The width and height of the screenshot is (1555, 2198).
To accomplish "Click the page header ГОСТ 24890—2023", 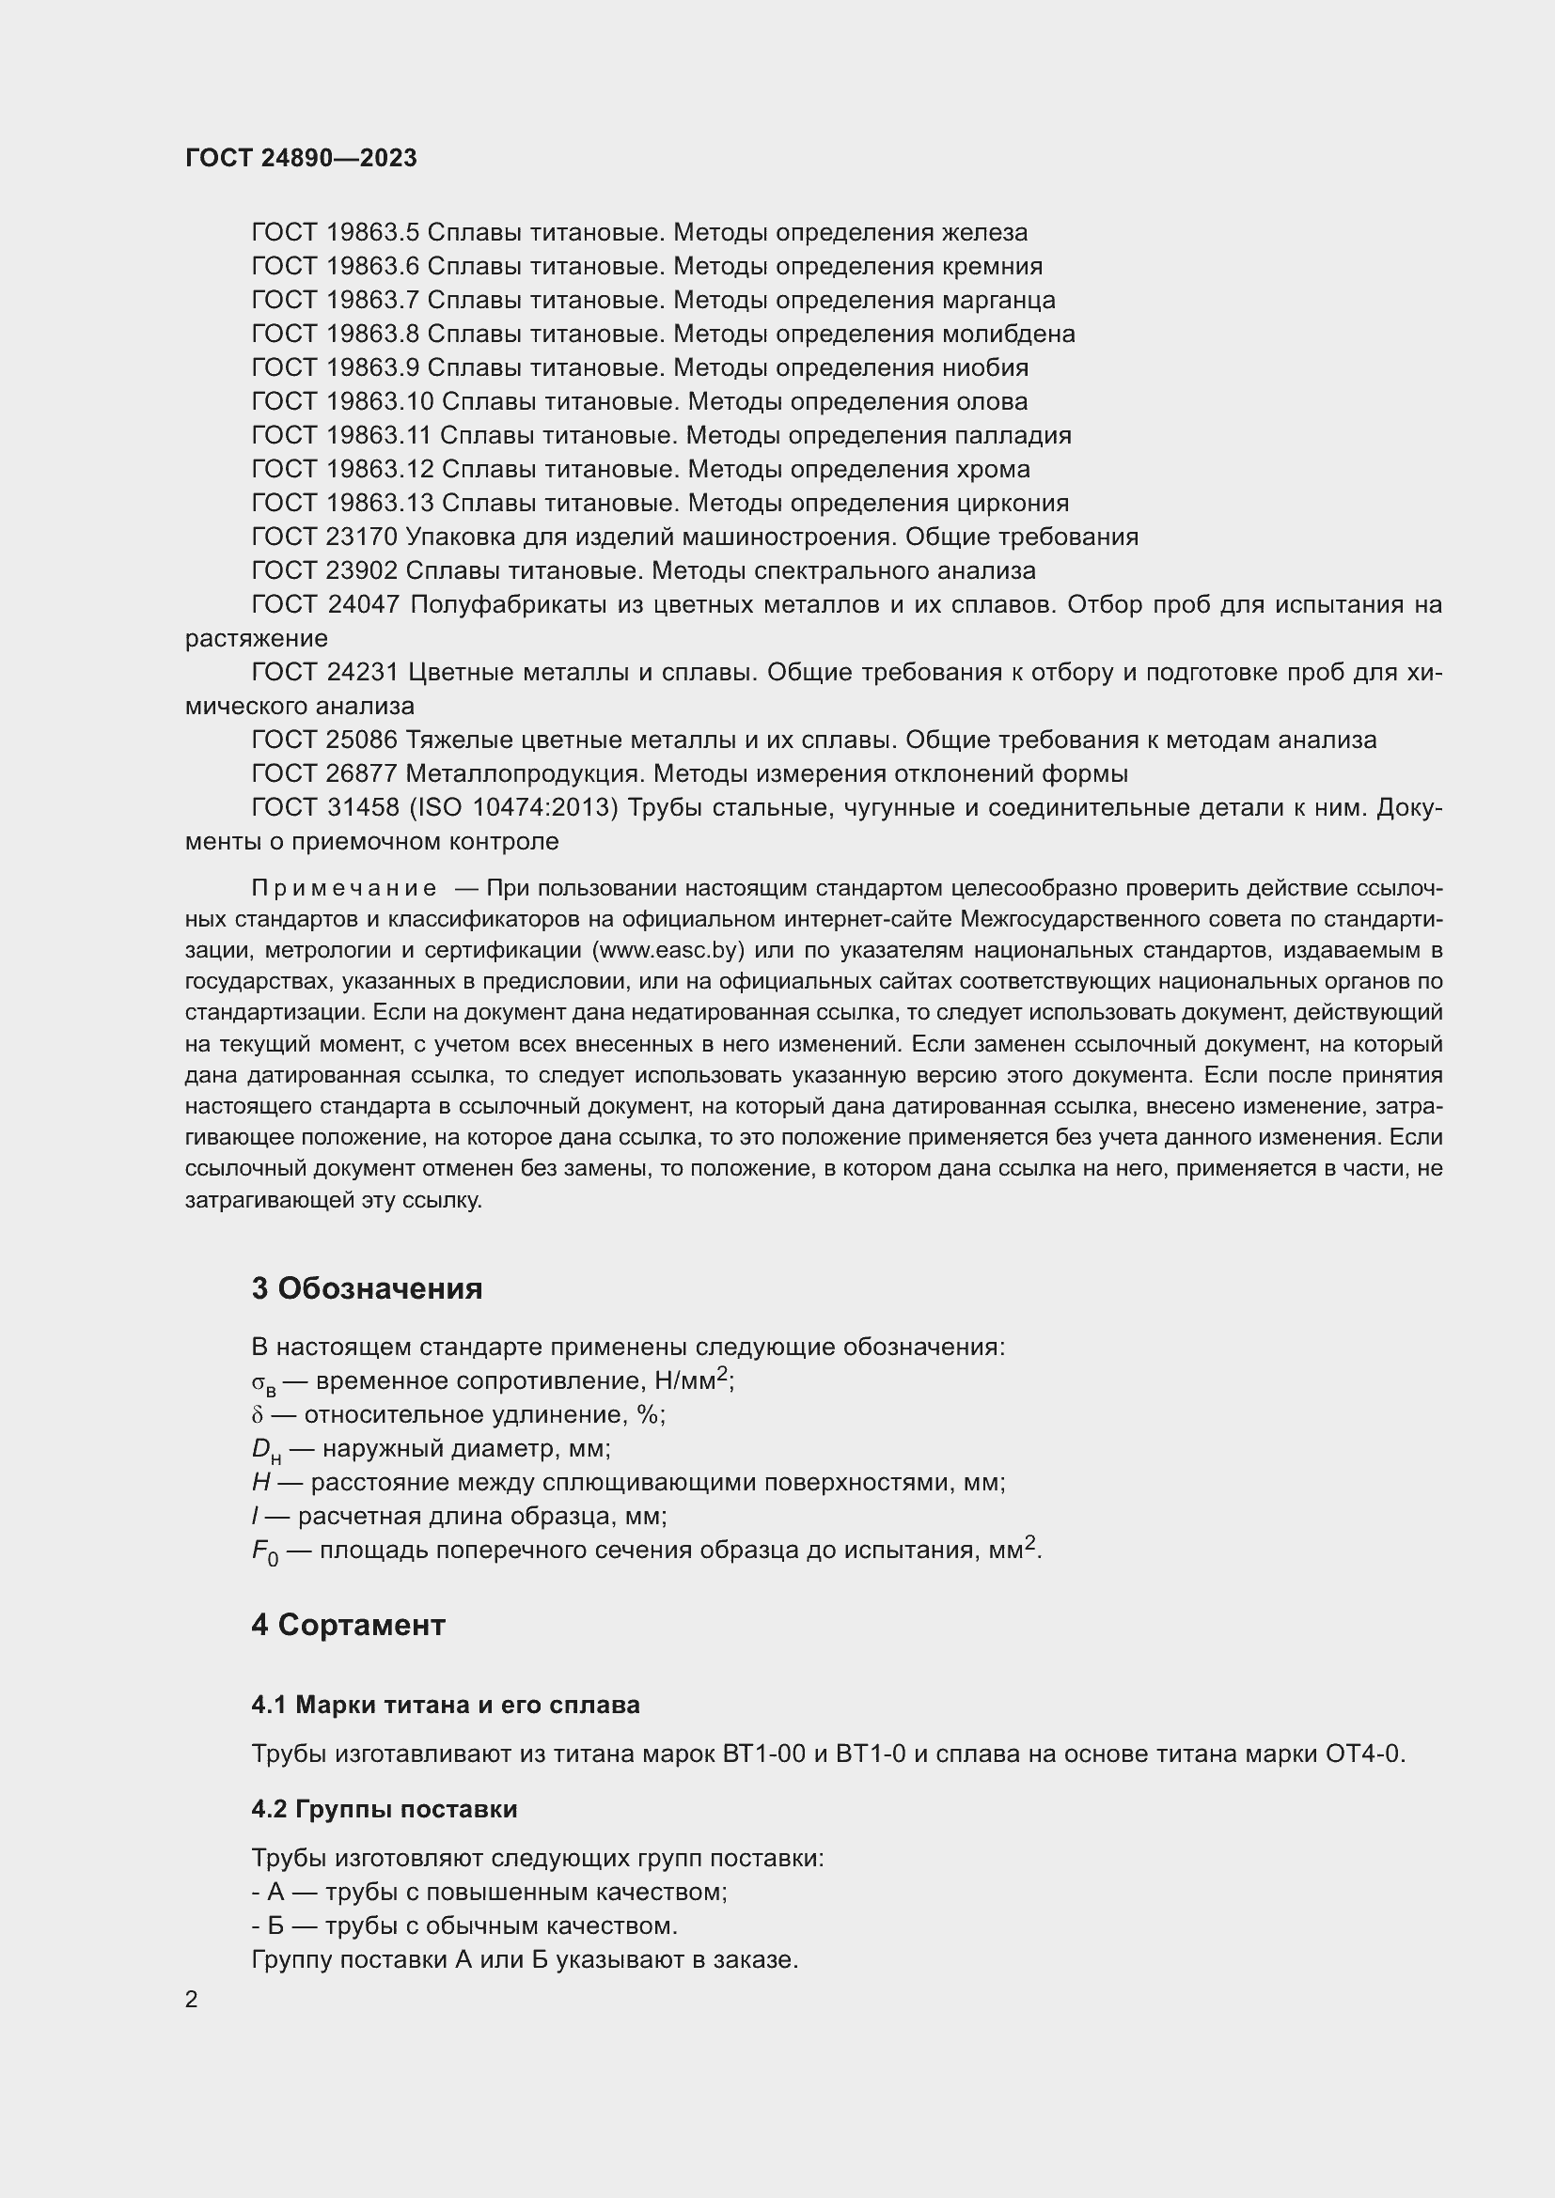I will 301,158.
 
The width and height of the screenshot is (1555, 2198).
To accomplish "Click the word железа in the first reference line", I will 984,233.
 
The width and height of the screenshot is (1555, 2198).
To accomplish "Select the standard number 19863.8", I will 372,335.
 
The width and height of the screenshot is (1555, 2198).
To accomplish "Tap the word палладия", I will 1013,436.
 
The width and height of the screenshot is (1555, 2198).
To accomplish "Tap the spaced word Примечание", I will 344,889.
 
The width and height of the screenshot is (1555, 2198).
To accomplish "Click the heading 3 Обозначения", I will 367,1288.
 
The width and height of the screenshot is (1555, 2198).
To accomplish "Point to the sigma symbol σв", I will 262,1383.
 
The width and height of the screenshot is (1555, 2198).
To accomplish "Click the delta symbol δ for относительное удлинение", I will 257,1416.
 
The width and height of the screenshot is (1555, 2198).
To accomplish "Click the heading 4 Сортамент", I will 349,1626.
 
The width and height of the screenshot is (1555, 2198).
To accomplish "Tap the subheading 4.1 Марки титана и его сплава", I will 446,1705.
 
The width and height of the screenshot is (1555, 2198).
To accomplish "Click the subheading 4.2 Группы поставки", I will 384,1809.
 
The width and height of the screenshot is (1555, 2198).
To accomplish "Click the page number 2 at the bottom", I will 192,2000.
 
